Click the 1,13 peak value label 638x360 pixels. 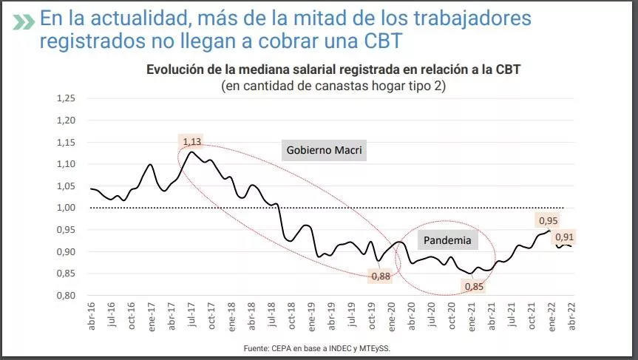[191, 142]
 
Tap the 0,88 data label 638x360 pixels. [381, 276]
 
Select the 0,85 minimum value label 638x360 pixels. [472, 285]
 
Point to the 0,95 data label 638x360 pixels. [547, 220]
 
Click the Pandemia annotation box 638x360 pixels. [447, 240]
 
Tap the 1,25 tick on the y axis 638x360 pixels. [67, 98]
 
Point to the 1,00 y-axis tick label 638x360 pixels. [67, 208]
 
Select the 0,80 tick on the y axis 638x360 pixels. [67, 296]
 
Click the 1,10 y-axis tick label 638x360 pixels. [67, 164]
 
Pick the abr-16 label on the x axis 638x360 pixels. [92, 316]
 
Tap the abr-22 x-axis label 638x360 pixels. [570, 316]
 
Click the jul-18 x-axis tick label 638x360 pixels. [272, 316]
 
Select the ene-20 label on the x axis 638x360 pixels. [392, 316]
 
